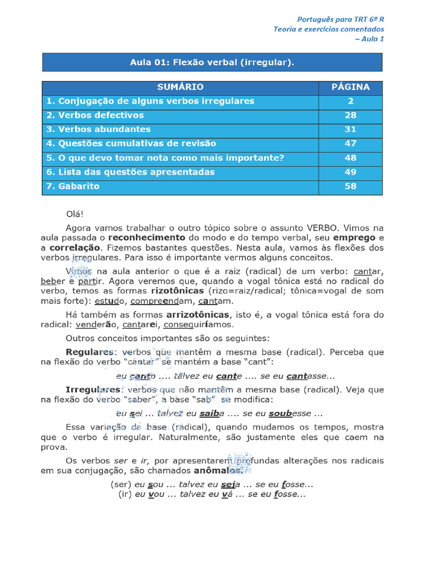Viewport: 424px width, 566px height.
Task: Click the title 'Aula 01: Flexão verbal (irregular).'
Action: (212, 62)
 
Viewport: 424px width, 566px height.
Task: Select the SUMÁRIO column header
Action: (180, 87)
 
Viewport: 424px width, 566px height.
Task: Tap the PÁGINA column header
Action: (350, 87)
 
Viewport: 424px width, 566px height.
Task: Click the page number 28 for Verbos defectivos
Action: (350, 116)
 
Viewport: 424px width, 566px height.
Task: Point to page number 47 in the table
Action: (350, 144)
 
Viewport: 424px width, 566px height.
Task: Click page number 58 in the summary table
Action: (350, 186)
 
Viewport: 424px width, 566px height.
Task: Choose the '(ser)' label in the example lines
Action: (120, 484)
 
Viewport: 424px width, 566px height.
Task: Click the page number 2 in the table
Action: (350, 101)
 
